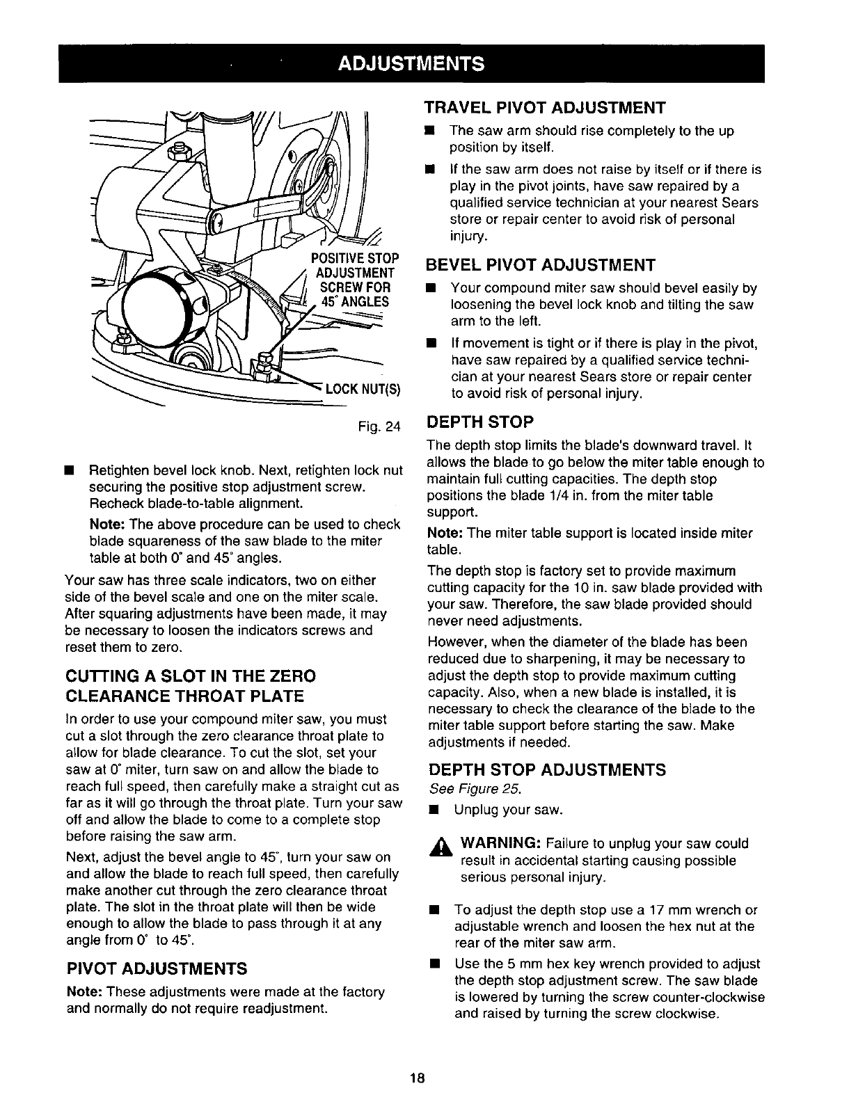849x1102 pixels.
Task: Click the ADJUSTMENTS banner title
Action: click(x=411, y=65)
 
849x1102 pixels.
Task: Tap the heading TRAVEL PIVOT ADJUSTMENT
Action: click(x=546, y=108)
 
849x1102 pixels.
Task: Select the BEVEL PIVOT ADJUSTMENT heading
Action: click(x=541, y=265)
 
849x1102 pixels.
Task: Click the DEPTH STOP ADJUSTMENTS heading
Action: click(x=547, y=769)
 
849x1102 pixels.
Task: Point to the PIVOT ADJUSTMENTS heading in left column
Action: click(x=157, y=968)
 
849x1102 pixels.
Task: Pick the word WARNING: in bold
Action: click(x=497, y=844)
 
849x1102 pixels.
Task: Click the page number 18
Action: click(x=418, y=1078)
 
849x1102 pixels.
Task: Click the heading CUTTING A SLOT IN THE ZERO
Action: click(x=190, y=676)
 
